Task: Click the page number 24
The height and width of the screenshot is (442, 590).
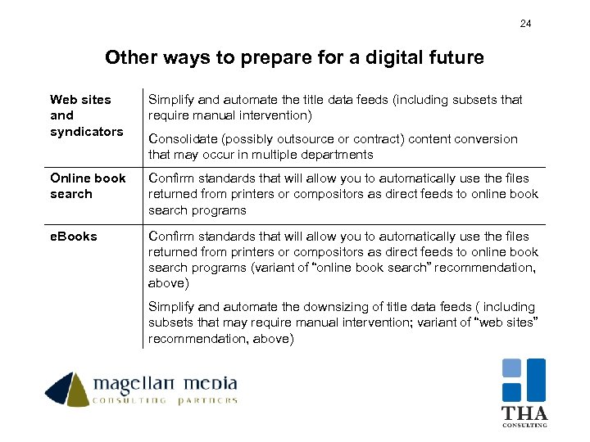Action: [525, 24]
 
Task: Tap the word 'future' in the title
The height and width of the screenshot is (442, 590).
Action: [456, 58]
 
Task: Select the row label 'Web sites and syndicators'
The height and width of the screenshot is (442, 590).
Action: [86, 115]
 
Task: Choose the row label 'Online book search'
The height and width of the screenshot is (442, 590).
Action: [88, 186]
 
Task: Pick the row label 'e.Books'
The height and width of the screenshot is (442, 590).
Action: [73, 237]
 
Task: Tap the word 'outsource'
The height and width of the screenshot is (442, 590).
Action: [305, 139]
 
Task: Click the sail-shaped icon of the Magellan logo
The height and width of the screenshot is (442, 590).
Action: [67, 389]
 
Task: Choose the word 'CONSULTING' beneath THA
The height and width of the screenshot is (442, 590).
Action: [524, 426]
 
